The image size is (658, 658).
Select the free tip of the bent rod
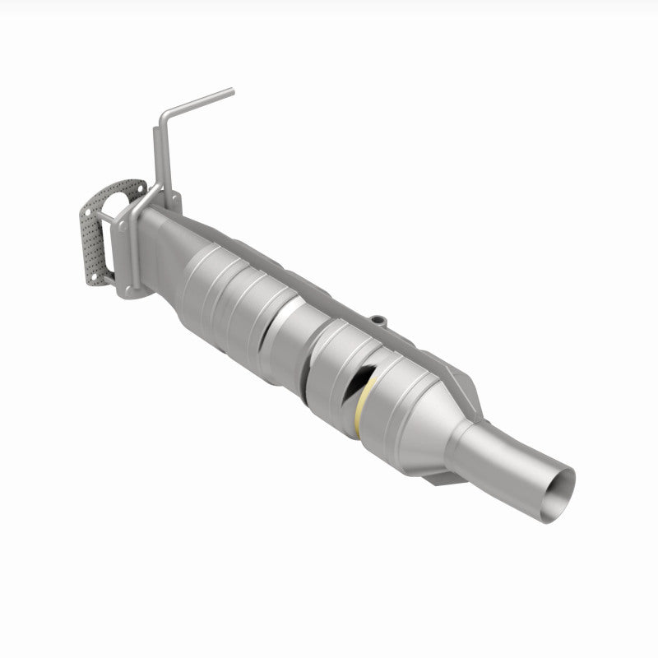pyautogui.click(x=231, y=91)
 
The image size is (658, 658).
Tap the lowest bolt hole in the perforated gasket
pyautogui.click(x=98, y=279)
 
